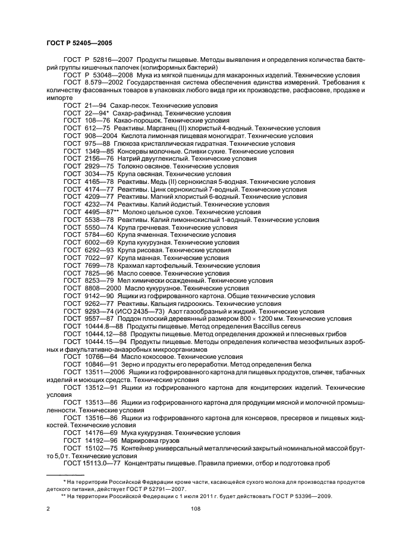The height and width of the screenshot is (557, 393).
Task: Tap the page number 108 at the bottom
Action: click(x=196, y=509)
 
